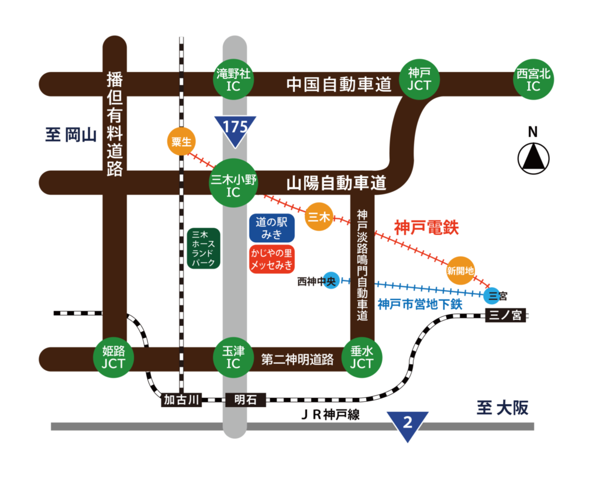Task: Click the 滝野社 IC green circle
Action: (x=234, y=80)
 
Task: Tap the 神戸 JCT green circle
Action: (x=419, y=80)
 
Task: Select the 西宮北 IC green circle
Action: (x=533, y=80)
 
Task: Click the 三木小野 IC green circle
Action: (x=233, y=183)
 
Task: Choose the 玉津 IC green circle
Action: (x=233, y=357)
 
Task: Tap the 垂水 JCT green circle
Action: (x=362, y=357)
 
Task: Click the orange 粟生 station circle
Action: (x=180, y=142)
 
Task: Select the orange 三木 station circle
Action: (x=319, y=218)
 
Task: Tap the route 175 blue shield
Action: (x=235, y=129)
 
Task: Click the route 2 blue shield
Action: (x=408, y=425)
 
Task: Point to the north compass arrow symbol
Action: (x=533, y=157)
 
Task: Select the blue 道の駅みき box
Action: (x=271, y=228)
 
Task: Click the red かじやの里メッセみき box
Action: (x=271, y=259)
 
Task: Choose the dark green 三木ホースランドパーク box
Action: (x=204, y=249)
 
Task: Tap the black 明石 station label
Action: (x=245, y=400)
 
